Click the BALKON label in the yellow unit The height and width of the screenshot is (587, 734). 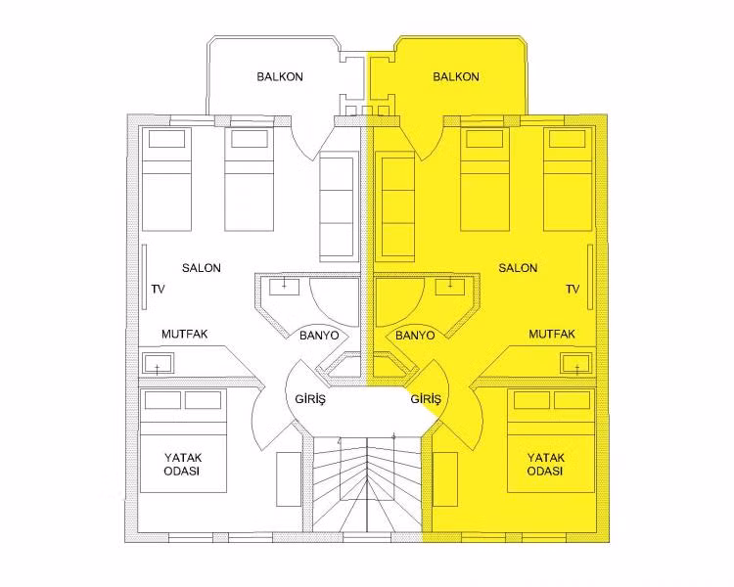click(x=456, y=76)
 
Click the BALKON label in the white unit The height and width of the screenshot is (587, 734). click(x=280, y=76)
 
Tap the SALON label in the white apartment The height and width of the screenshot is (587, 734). click(x=202, y=268)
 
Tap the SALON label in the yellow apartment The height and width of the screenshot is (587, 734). click(x=518, y=268)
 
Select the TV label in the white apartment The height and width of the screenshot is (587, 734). click(x=159, y=290)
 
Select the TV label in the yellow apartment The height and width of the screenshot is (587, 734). click(x=573, y=290)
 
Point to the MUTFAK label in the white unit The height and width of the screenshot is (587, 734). click(x=184, y=335)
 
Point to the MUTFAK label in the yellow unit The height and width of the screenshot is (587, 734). click(x=552, y=335)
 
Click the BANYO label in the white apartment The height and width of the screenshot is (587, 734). click(x=319, y=336)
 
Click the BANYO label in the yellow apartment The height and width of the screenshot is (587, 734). click(x=415, y=336)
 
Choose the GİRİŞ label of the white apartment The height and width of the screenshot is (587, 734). click(x=310, y=399)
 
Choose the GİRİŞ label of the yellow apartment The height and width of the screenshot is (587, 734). click(x=426, y=399)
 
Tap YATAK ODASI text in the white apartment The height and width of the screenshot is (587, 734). click(x=183, y=465)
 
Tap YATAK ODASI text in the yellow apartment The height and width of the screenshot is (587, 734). click(x=546, y=465)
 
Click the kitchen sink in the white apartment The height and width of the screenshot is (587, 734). click(x=158, y=363)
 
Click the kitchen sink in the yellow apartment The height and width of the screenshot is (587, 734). click(x=576, y=363)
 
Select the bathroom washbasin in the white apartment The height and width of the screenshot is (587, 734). click(x=284, y=287)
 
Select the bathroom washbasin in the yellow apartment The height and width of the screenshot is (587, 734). click(x=450, y=287)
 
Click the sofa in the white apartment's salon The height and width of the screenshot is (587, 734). click(x=336, y=206)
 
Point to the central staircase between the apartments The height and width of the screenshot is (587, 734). click(x=367, y=484)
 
